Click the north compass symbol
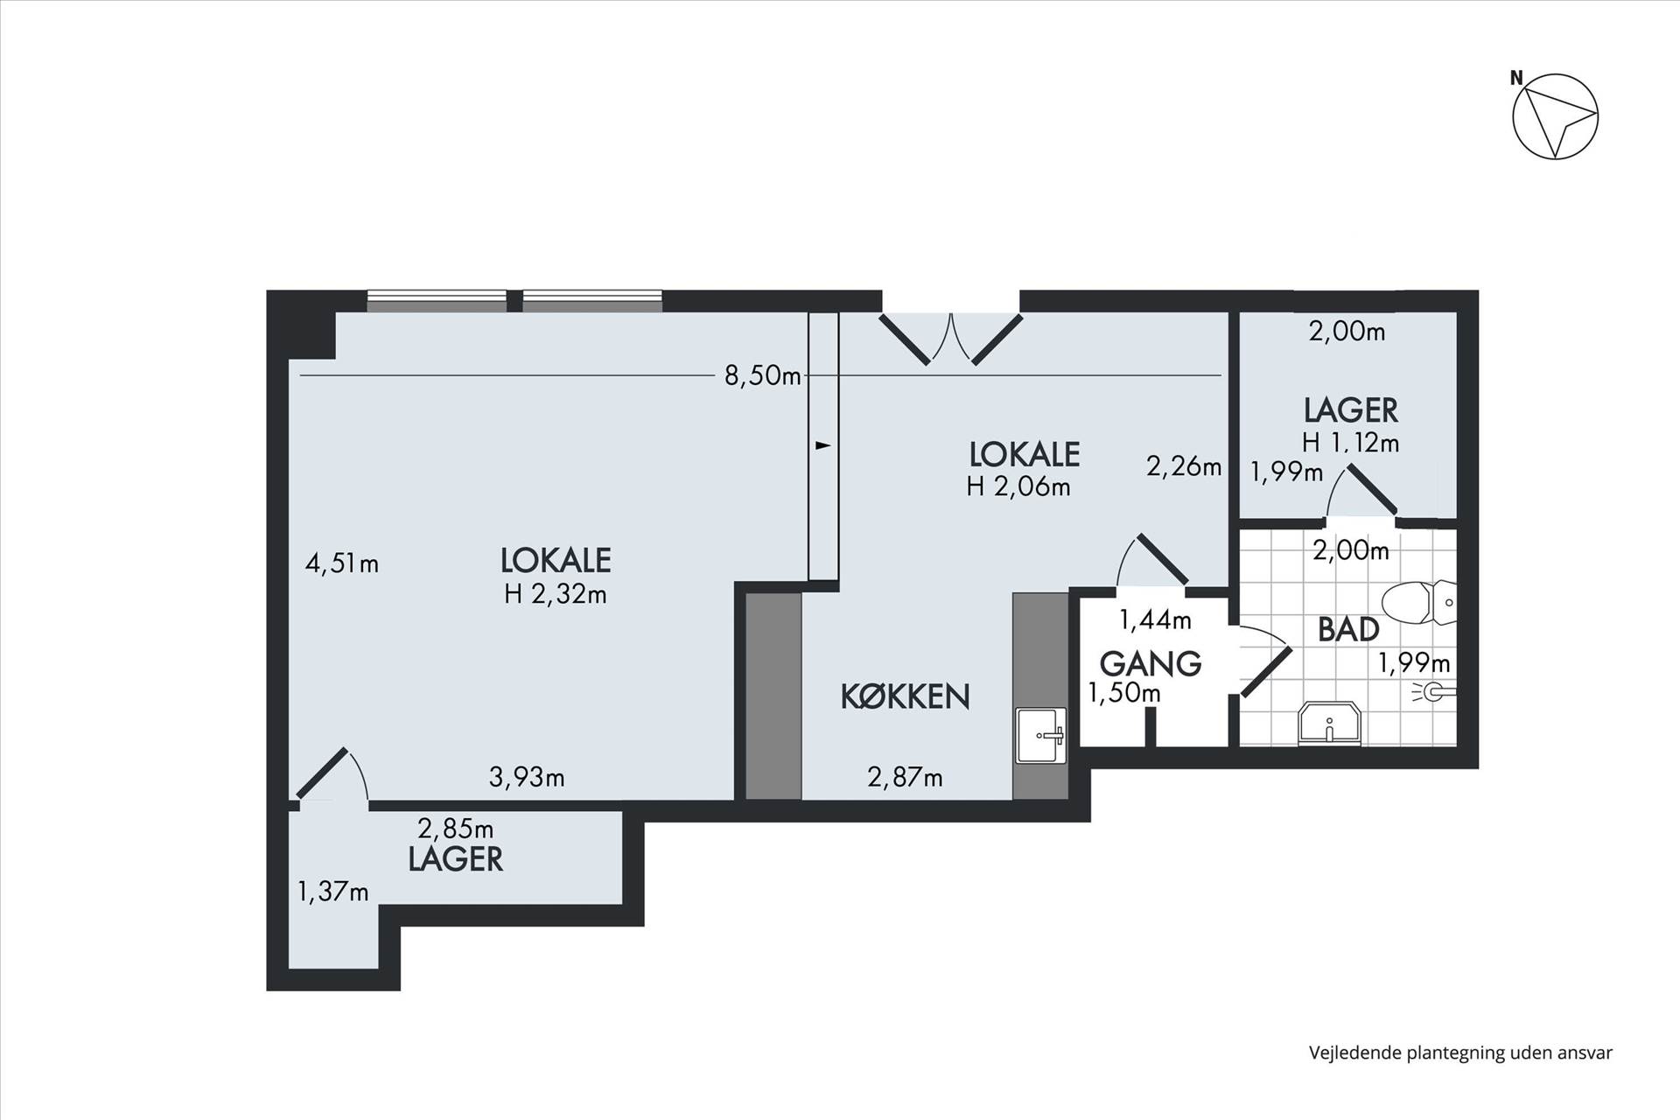pyautogui.click(x=1555, y=116)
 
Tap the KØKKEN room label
pyautogui.click(x=905, y=696)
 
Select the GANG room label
pyautogui.click(x=1150, y=663)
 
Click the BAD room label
pyautogui.click(x=1348, y=629)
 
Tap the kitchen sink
pyautogui.click(x=1041, y=735)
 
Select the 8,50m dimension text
pyautogui.click(x=762, y=375)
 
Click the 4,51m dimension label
pyautogui.click(x=341, y=563)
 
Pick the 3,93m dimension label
pyautogui.click(x=527, y=776)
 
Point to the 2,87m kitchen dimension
pyautogui.click(x=905, y=776)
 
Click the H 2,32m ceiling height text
pyautogui.click(x=556, y=594)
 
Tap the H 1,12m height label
pyautogui.click(x=1350, y=443)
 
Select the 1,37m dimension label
pyautogui.click(x=332, y=892)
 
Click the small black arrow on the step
pyautogui.click(x=822, y=445)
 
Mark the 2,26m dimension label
pyautogui.click(x=1184, y=466)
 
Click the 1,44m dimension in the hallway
pyautogui.click(x=1155, y=619)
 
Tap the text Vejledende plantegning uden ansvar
pyautogui.click(x=1460, y=1053)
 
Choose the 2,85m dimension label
pyautogui.click(x=455, y=828)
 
